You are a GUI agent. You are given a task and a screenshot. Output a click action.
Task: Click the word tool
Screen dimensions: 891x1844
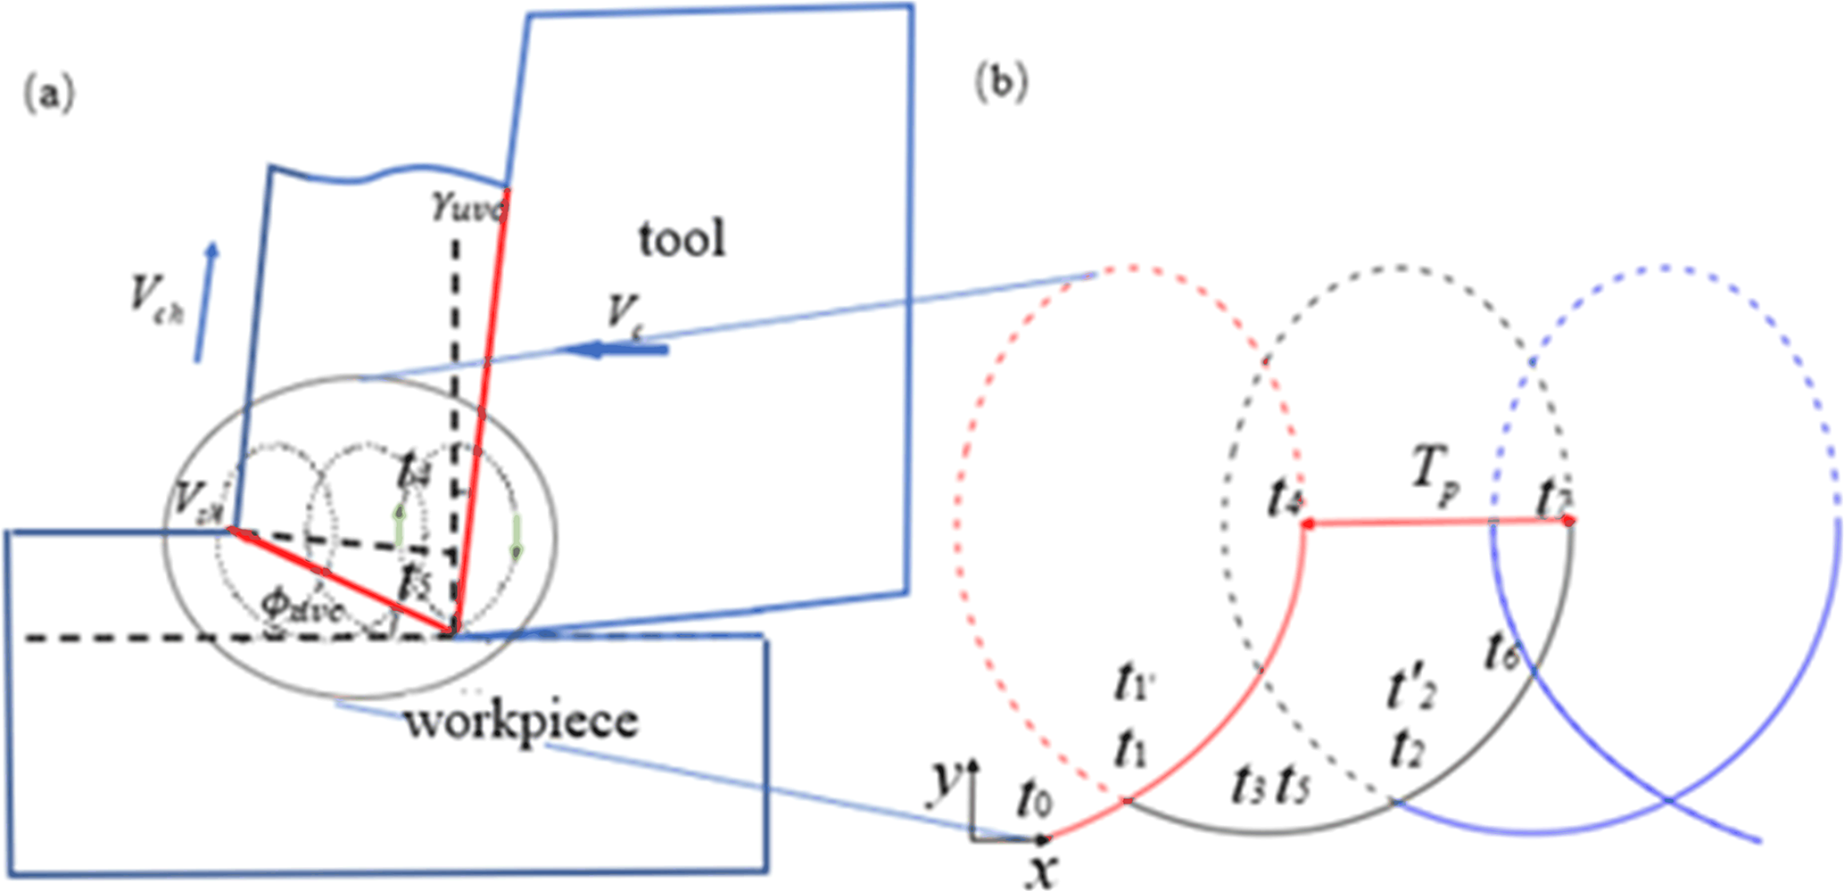pos(682,239)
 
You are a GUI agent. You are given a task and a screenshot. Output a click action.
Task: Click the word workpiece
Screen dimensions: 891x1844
pos(522,721)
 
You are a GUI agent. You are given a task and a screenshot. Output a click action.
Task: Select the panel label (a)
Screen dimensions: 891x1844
pos(48,93)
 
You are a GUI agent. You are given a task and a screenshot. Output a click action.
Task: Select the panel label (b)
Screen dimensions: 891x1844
pos(1001,82)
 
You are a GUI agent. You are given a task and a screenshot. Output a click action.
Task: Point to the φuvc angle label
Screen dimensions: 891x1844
pos(302,606)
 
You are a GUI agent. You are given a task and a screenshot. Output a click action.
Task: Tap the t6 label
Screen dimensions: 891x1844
pos(1502,651)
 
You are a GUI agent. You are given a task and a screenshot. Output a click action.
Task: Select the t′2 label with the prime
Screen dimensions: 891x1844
pos(1411,690)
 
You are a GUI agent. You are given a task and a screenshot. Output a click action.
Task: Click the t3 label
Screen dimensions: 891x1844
pos(1246,787)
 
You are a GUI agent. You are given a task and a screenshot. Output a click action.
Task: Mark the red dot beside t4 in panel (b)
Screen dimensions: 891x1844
pos(1308,524)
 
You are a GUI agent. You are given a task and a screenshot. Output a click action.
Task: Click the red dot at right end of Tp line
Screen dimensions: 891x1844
pos(1569,520)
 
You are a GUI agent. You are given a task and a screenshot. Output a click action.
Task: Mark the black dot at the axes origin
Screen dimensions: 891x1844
pos(1041,839)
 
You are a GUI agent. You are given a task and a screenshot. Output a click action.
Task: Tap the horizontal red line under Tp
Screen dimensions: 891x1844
pos(1436,523)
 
